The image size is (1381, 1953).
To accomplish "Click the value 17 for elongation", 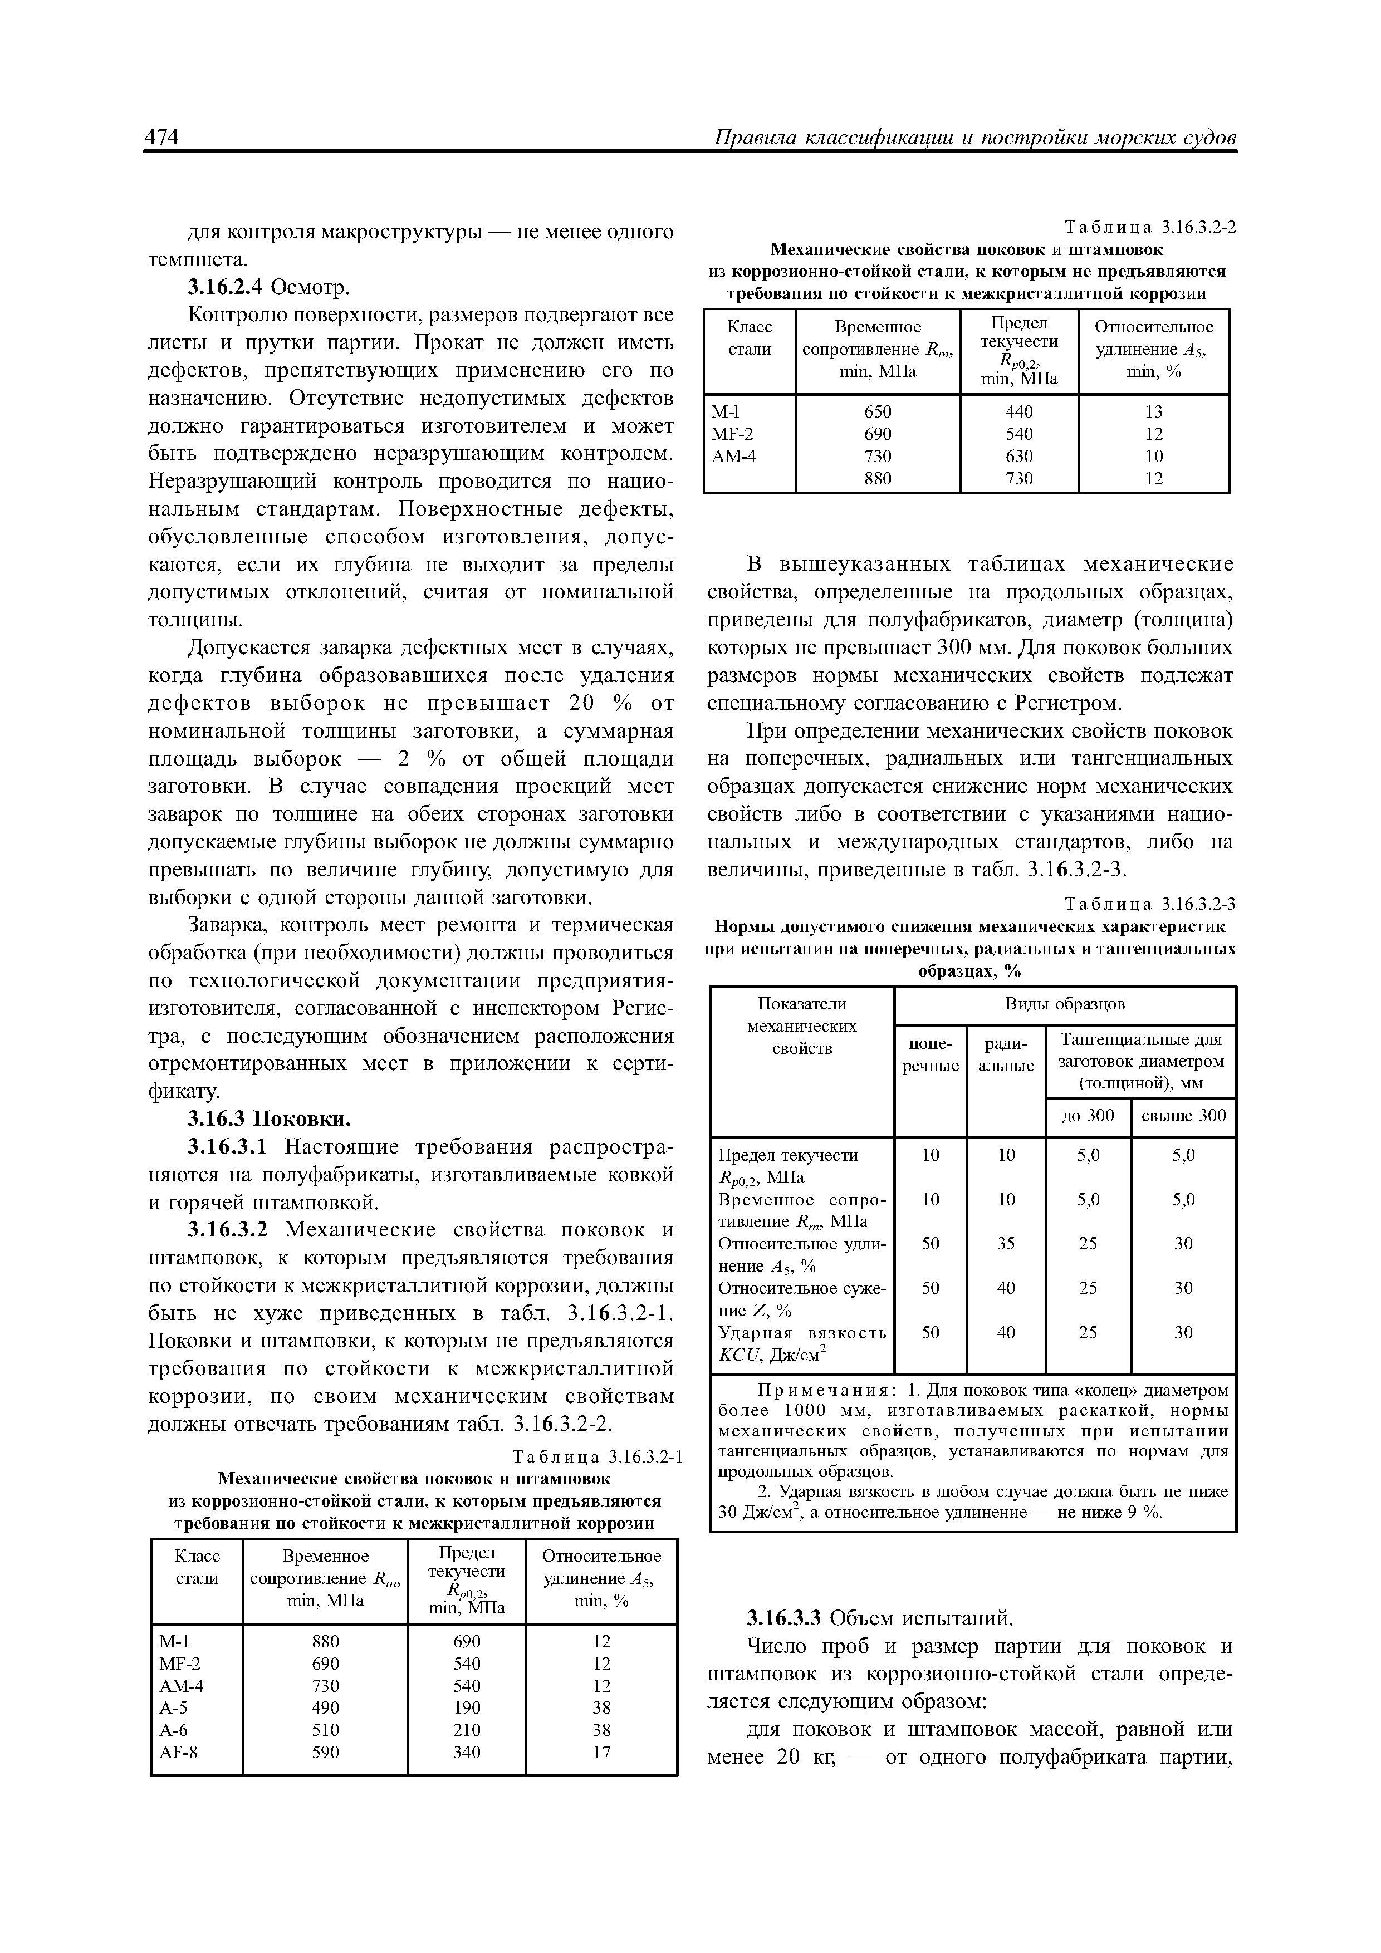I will click(601, 1751).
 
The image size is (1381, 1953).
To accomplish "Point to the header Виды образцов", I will click(1065, 1004).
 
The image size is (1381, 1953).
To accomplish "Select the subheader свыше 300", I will click(1183, 1115).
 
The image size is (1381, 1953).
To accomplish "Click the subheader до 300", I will click(1088, 1115).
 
